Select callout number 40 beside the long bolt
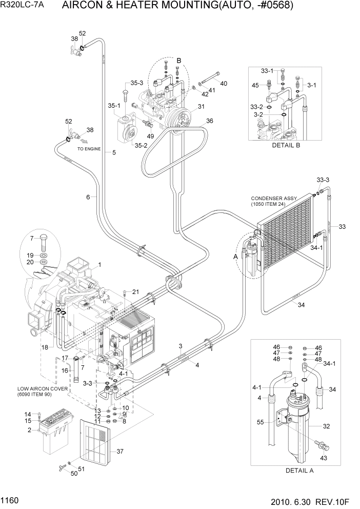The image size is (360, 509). (224, 83)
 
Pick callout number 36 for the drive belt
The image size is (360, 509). (209, 121)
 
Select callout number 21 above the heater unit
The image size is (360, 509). (136, 292)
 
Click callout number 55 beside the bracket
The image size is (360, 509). (260, 423)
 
